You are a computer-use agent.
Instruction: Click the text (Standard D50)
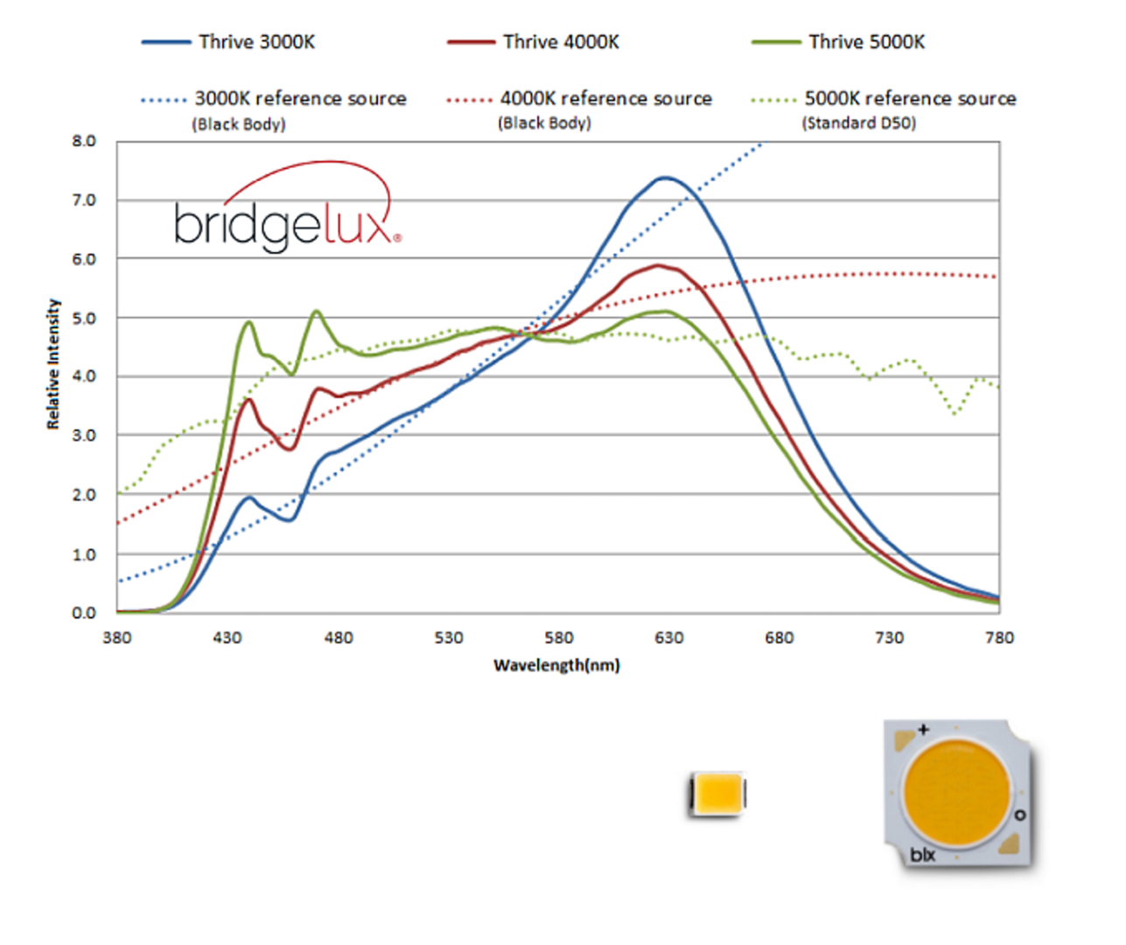[x=859, y=123]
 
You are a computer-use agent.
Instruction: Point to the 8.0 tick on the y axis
[x=84, y=141]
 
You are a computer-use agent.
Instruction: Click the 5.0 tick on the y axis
[x=84, y=318]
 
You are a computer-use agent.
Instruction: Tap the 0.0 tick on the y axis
[x=84, y=612]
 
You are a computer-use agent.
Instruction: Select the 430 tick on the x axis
[x=227, y=638]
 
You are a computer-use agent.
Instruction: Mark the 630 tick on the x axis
[x=668, y=638]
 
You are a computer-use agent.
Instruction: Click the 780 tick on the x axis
[x=999, y=638]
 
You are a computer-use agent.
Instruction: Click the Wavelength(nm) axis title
[x=556, y=665]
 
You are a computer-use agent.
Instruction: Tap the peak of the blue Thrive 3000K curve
[x=666, y=178]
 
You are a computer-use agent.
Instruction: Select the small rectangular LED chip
[x=717, y=794]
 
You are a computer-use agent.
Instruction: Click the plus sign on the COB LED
[x=923, y=729]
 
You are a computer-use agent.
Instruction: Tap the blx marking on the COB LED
[x=922, y=855]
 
